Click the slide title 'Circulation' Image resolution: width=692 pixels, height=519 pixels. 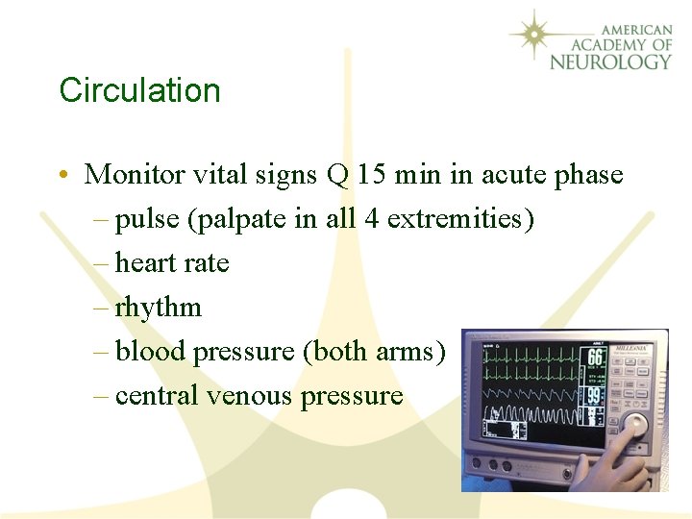139,90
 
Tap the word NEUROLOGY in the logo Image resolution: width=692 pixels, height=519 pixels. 610,62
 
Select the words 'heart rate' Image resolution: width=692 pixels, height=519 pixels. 172,262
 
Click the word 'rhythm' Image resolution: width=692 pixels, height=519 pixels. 159,308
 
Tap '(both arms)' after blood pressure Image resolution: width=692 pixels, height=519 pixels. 374,351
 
